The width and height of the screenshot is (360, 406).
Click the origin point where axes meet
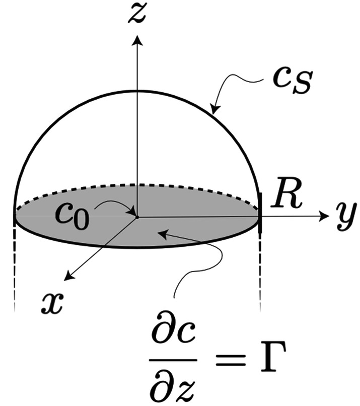[136, 217]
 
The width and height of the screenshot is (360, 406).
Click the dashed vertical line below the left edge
[15, 272]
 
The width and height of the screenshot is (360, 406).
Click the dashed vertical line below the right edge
[260, 272]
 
